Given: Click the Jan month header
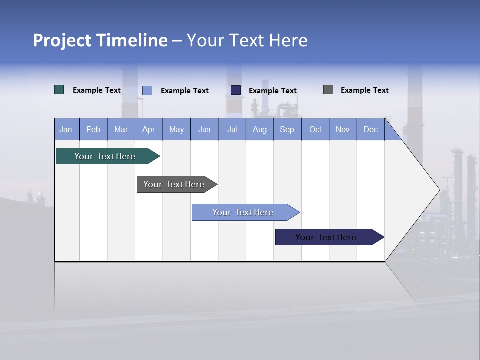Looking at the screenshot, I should click(x=66, y=129).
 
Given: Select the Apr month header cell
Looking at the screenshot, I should click(x=148, y=129).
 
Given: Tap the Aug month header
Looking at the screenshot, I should click(x=259, y=129).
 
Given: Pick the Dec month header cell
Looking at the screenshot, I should click(x=370, y=129).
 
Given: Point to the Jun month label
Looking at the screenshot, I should click(x=204, y=129).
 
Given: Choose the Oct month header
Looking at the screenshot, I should click(x=315, y=129).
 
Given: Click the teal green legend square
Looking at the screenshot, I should click(x=59, y=90).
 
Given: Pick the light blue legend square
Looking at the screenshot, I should click(x=147, y=90).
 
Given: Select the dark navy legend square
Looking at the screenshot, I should click(x=236, y=90).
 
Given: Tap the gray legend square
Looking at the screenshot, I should click(x=328, y=90).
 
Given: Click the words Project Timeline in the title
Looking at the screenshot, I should click(x=100, y=40).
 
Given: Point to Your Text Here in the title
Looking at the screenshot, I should click(x=247, y=40).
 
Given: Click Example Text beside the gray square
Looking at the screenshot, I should click(x=364, y=90).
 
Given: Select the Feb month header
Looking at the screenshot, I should click(x=93, y=129).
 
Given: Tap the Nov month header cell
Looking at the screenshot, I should click(x=343, y=129).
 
